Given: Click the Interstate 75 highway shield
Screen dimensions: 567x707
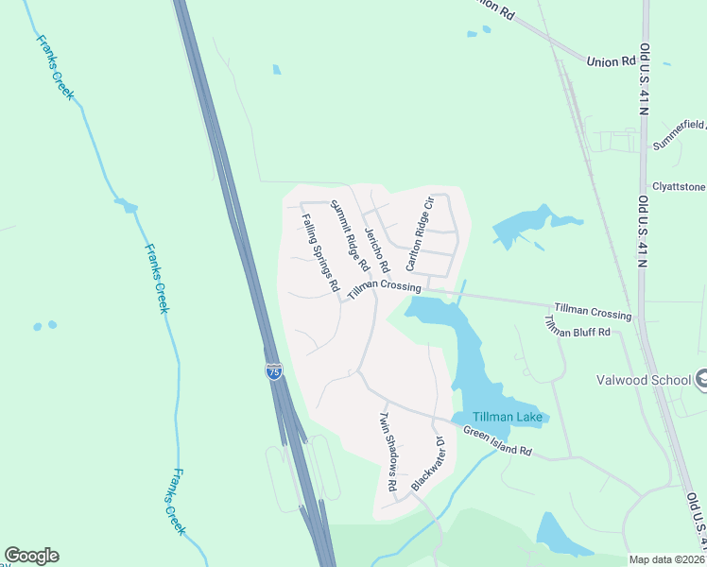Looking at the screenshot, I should (x=273, y=371).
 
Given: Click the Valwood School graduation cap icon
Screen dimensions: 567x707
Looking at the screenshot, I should (x=701, y=379).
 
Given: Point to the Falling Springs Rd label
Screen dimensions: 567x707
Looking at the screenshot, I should (x=320, y=252).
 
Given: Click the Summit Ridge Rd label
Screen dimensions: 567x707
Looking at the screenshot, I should (x=349, y=235).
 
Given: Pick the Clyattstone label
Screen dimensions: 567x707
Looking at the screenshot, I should (x=679, y=187).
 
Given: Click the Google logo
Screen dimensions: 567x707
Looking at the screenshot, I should (x=31, y=556).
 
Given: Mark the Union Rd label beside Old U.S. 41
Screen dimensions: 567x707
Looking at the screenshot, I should (x=612, y=61).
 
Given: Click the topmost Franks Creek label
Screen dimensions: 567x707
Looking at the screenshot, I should (x=55, y=67).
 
